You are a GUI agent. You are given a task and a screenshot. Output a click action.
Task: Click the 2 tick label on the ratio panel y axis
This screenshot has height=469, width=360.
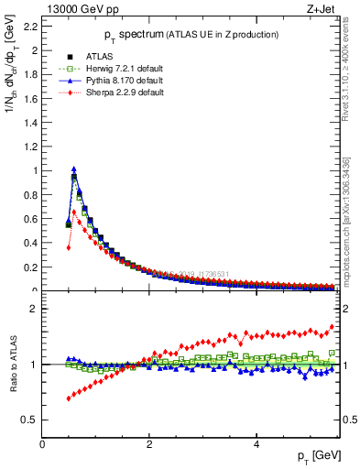pos(35,309)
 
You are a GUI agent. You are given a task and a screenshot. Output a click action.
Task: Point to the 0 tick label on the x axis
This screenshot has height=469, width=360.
pos(42,444)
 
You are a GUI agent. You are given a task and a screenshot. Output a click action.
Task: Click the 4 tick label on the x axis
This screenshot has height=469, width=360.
pos(256,444)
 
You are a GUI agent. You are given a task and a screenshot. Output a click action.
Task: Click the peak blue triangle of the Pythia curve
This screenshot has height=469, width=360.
pos(74,169)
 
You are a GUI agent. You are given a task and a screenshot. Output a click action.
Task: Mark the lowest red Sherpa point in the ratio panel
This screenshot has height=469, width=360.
pos(69,398)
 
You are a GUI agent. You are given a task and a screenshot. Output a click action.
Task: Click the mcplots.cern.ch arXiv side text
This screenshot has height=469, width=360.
pos(349,229)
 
